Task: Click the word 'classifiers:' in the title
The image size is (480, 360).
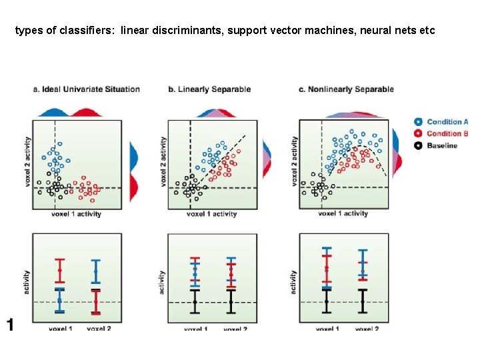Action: [91, 31]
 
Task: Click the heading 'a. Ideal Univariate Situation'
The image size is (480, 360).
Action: [87, 89]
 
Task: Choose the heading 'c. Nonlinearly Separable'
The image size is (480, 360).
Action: [347, 89]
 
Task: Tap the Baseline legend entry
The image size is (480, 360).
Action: [441, 145]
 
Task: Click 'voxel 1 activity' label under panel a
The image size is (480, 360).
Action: [77, 214]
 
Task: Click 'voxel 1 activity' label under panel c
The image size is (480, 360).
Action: [343, 213]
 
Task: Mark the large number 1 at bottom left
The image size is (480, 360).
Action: [11, 325]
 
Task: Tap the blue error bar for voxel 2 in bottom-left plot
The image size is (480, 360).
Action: [96, 272]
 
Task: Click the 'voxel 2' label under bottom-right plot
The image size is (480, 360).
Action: [367, 329]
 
